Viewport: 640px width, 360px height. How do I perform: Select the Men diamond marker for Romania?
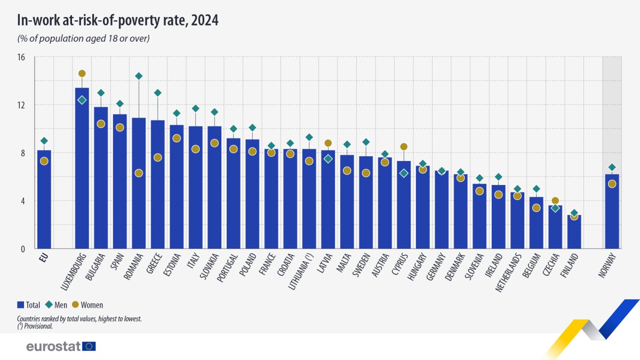point(139,76)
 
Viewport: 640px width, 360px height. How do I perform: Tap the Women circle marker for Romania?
point(139,173)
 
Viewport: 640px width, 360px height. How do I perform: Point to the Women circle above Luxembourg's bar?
point(82,74)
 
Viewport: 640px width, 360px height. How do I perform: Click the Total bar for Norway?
point(612,213)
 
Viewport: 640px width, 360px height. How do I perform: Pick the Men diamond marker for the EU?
point(44,141)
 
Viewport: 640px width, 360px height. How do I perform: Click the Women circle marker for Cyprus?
point(404,147)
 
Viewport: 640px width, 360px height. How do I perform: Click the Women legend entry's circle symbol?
point(76,305)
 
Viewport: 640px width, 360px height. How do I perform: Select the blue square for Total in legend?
point(20,305)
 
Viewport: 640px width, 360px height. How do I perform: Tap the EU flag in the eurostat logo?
point(89,346)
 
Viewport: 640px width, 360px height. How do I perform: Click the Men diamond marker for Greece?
point(157,93)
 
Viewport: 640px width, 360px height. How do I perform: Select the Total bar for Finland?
point(574,232)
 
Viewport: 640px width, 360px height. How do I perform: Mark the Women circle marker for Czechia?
point(555,201)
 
